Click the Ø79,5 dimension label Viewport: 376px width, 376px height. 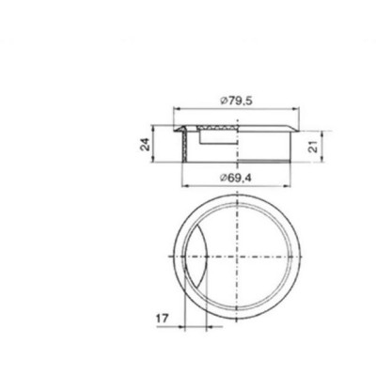[236, 102]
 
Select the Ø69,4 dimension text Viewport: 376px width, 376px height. [236, 178]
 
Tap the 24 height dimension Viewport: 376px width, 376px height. [145, 144]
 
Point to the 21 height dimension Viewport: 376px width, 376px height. [313, 147]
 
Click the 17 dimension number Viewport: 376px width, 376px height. [163, 319]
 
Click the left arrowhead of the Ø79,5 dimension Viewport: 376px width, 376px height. [177, 109]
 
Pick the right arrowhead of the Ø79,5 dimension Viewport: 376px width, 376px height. [296, 109]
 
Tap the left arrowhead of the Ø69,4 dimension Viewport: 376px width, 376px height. [185, 186]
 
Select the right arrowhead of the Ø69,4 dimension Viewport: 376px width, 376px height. [287, 186]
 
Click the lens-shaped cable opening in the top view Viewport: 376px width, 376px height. [196, 257]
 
